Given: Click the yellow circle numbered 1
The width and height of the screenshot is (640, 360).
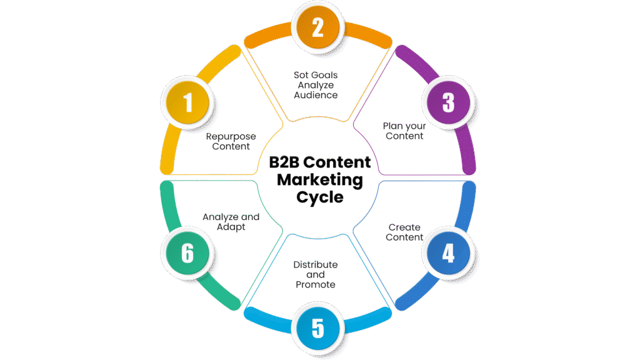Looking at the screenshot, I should pos(187,102).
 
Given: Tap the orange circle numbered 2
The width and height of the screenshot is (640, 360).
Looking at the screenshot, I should pos(317,27).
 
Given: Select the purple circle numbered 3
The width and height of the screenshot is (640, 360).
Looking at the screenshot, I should pos(448,102).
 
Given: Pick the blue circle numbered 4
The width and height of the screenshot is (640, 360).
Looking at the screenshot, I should pos(448,253).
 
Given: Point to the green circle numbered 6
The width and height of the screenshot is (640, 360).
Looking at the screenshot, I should pos(187,253).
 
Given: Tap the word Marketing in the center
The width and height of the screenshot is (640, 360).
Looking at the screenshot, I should pos(319,181).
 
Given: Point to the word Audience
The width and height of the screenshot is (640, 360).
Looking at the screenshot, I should pos(316,95).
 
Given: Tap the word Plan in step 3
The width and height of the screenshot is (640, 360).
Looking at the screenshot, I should pos(392,126).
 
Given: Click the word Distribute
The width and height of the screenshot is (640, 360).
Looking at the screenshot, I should pos(316,264).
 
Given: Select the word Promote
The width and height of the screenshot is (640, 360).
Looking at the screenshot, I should pos(316,285).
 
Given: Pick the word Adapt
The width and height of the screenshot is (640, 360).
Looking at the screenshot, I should pos(231,227).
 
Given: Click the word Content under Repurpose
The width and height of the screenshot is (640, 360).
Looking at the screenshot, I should pos(231,147).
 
